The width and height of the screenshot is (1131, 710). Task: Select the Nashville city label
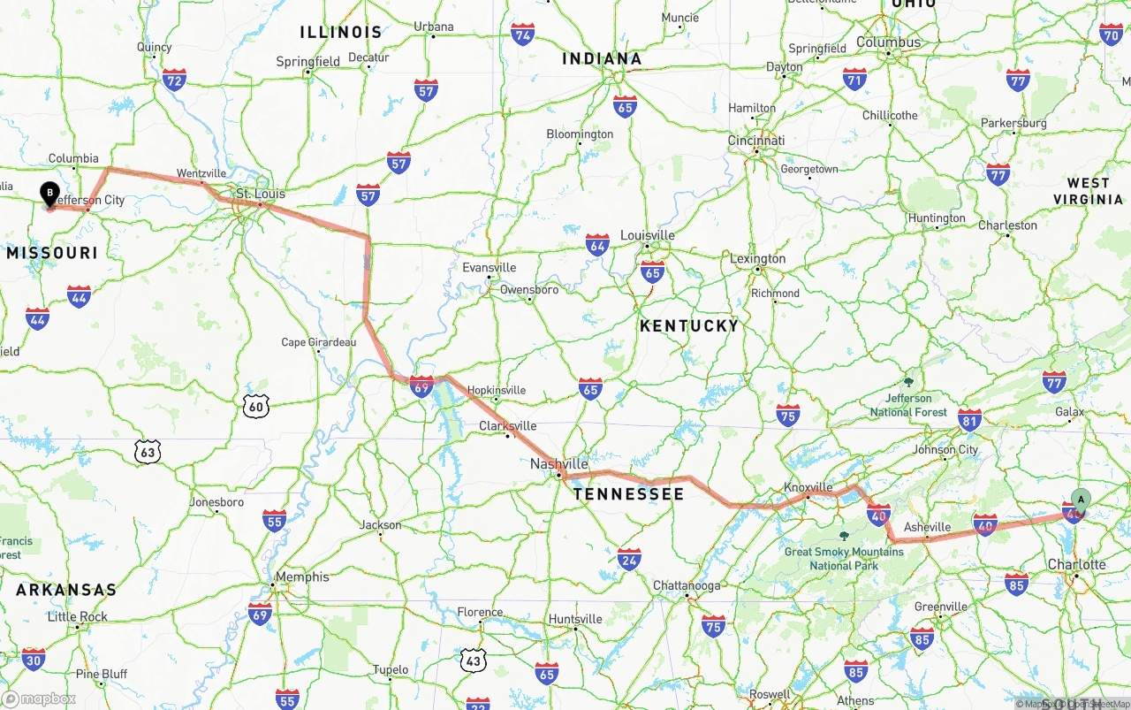[558, 463]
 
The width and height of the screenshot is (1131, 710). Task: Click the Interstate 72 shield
[174, 80]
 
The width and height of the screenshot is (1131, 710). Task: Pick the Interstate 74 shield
[523, 34]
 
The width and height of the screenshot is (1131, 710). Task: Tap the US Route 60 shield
[255, 406]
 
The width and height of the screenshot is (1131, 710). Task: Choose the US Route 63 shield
[148, 453]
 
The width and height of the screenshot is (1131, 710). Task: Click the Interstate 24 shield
[629, 559]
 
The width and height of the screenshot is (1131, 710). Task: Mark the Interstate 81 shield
[969, 420]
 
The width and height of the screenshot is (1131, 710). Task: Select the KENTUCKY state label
[689, 325]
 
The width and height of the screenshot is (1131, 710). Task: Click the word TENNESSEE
[628, 493]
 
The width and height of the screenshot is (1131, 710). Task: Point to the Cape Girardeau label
[318, 342]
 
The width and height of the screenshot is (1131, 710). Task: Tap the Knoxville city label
[808, 487]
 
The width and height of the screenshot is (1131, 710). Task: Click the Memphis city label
[302, 577]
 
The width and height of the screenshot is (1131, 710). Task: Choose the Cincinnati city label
[756, 141]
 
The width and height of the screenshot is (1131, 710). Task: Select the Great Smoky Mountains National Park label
[844, 558]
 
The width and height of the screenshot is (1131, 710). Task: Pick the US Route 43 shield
[473, 659]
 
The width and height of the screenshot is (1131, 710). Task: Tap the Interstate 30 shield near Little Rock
[34, 659]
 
